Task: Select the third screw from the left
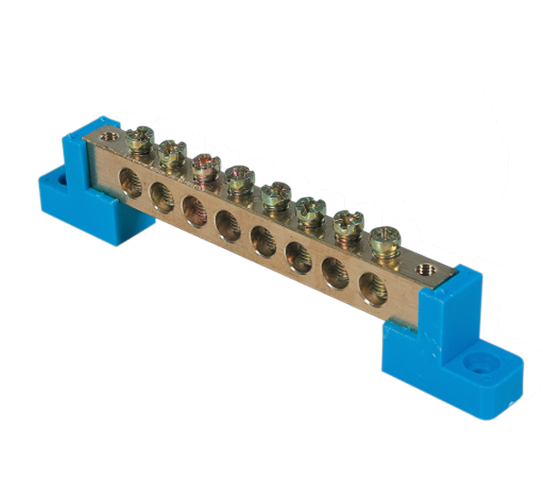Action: (205, 166)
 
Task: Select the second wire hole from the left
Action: (160, 191)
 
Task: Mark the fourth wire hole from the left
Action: (226, 222)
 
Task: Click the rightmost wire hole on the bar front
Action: (371, 289)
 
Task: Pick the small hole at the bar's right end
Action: (421, 268)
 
